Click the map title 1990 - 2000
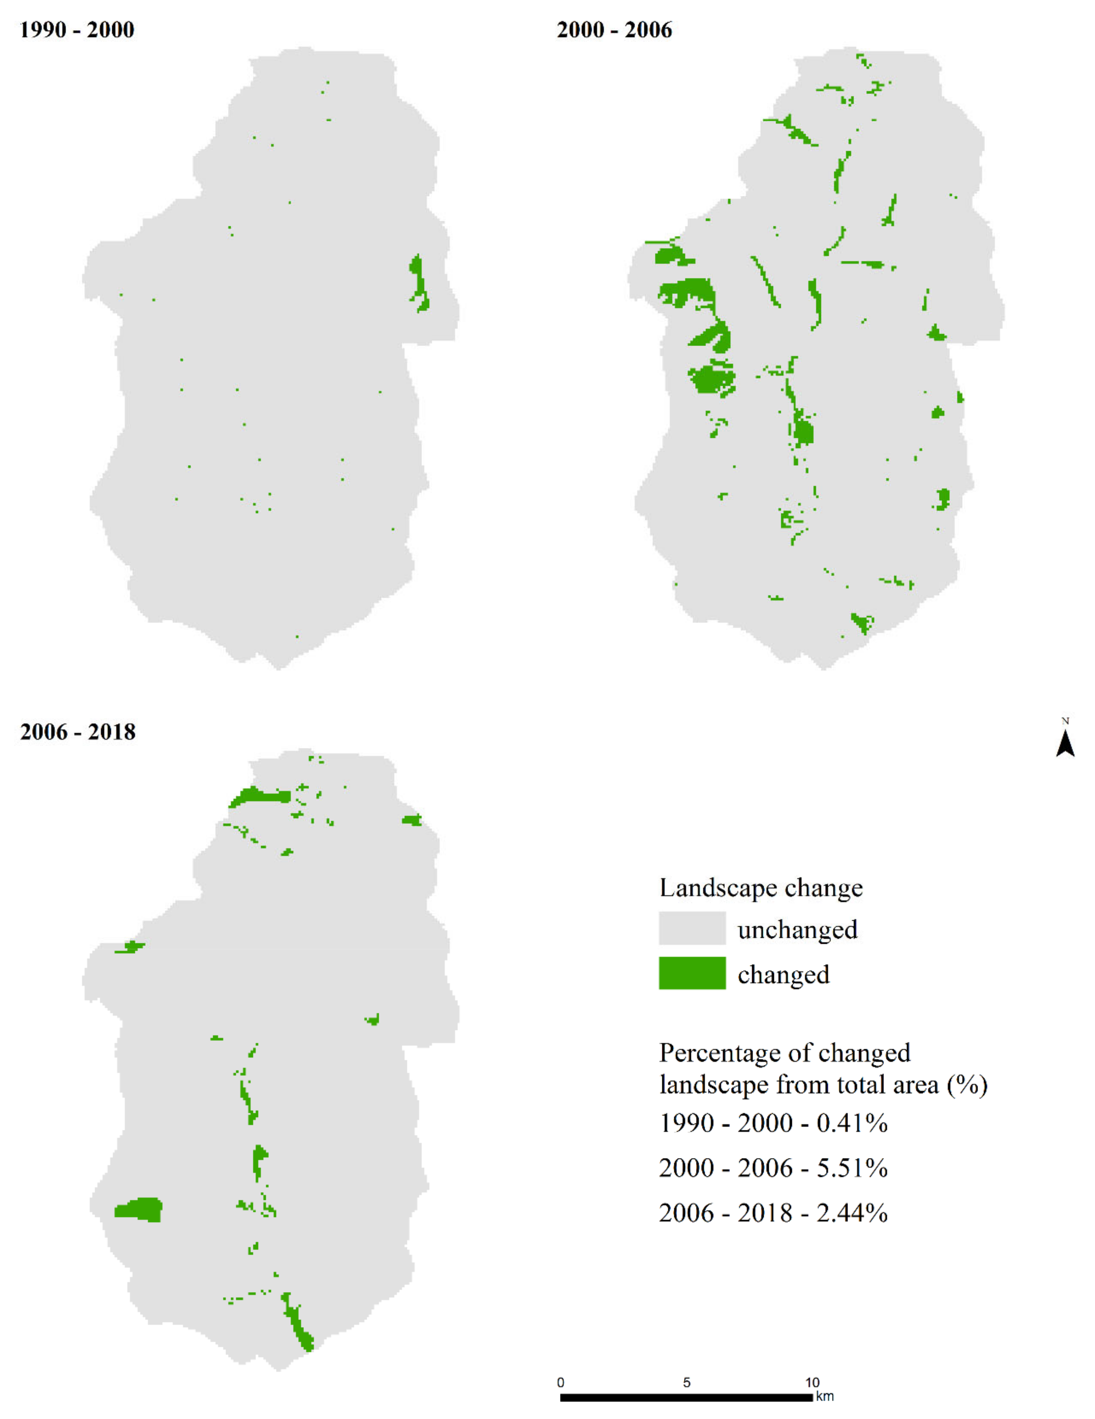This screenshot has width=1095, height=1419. pyautogui.click(x=77, y=30)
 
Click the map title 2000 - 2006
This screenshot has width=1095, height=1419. pyautogui.click(x=614, y=30)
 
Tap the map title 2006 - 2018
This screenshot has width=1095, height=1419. pyautogui.click(x=77, y=732)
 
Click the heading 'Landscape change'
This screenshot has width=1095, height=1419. pyautogui.click(x=760, y=888)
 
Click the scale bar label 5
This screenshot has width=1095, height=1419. pyautogui.click(x=686, y=1382)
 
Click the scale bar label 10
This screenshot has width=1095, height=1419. pyautogui.click(x=812, y=1382)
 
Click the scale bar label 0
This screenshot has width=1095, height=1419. pyautogui.click(x=561, y=1382)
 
